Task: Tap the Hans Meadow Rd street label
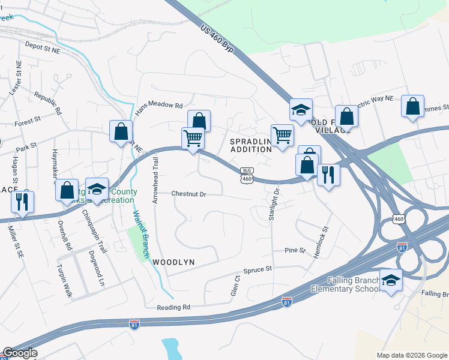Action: [x=158, y=106]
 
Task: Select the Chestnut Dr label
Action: [x=188, y=194]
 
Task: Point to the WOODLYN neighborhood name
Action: [x=174, y=262]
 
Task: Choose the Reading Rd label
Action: [x=173, y=307]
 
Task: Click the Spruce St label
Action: [x=259, y=269]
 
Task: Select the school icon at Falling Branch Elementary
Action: [x=391, y=280]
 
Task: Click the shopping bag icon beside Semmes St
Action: [x=413, y=106]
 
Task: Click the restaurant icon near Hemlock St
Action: [x=328, y=174]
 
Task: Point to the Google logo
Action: [x=20, y=353]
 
